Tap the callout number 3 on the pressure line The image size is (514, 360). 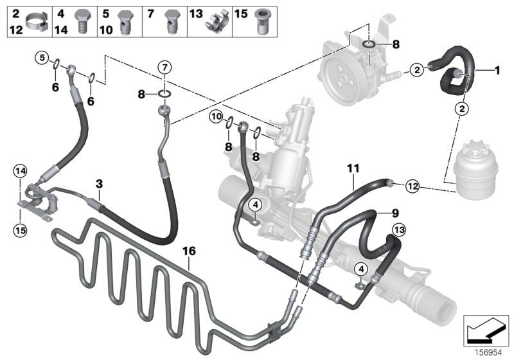[98, 184]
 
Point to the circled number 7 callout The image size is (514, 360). [164, 67]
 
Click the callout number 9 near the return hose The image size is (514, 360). [395, 213]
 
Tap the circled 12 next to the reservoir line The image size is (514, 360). [412, 186]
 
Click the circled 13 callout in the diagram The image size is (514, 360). [398, 230]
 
